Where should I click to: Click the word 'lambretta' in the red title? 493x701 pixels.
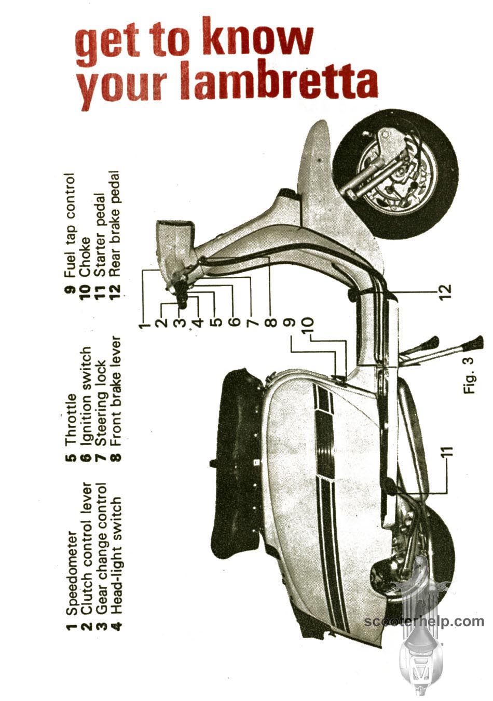coord(280,80)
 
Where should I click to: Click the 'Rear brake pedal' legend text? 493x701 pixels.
coord(115,223)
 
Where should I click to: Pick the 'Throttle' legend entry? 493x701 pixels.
coord(71,420)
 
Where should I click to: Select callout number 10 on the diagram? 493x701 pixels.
coord(307,327)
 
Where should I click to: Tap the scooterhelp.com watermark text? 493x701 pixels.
coord(424,619)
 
